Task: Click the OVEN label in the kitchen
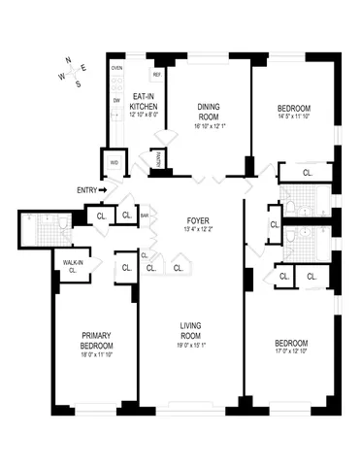pyautogui.click(x=116, y=70)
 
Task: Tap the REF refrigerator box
pyautogui.click(x=156, y=74)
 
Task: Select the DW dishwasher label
pyautogui.click(x=116, y=99)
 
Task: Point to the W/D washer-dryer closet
pyautogui.click(x=114, y=162)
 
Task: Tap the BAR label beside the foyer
pyautogui.click(x=146, y=216)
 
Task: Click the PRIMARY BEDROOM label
pyautogui.click(x=96, y=341)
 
